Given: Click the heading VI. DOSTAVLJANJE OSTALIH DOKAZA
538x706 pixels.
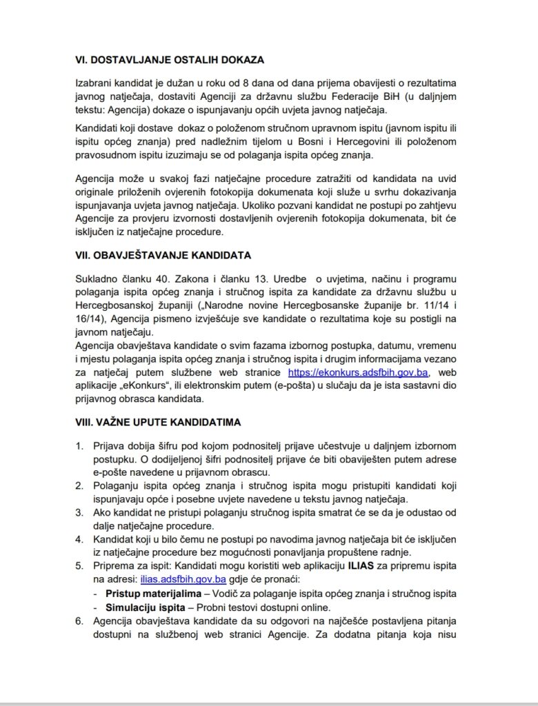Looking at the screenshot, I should pyautogui.click(x=170, y=59).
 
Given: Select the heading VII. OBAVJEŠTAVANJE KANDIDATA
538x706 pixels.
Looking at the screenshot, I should pyautogui.click(x=163, y=255).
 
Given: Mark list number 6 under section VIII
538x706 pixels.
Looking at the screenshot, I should pyautogui.click(x=79, y=621).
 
